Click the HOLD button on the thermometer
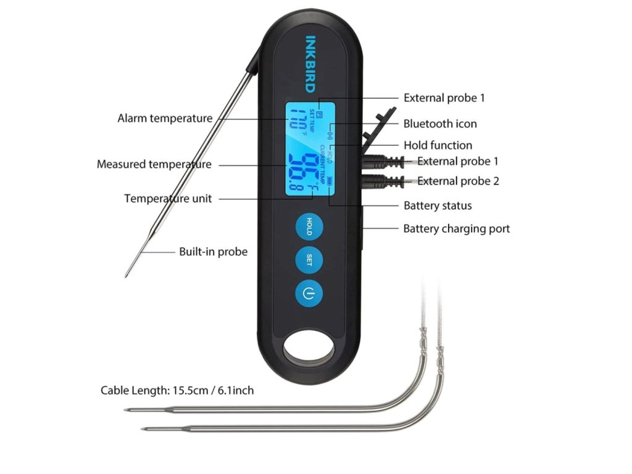click(309, 225)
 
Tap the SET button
click(309, 259)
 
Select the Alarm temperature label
click(165, 118)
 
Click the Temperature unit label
click(168, 198)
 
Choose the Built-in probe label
click(213, 251)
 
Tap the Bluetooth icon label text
click(440, 123)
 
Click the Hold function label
click(438, 145)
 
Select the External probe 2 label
click(458, 181)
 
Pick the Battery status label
click(438, 206)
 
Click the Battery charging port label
click(457, 228)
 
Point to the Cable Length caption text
click(177, 390)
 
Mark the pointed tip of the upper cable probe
click(125, 410)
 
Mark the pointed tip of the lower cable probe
click(142, 429)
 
